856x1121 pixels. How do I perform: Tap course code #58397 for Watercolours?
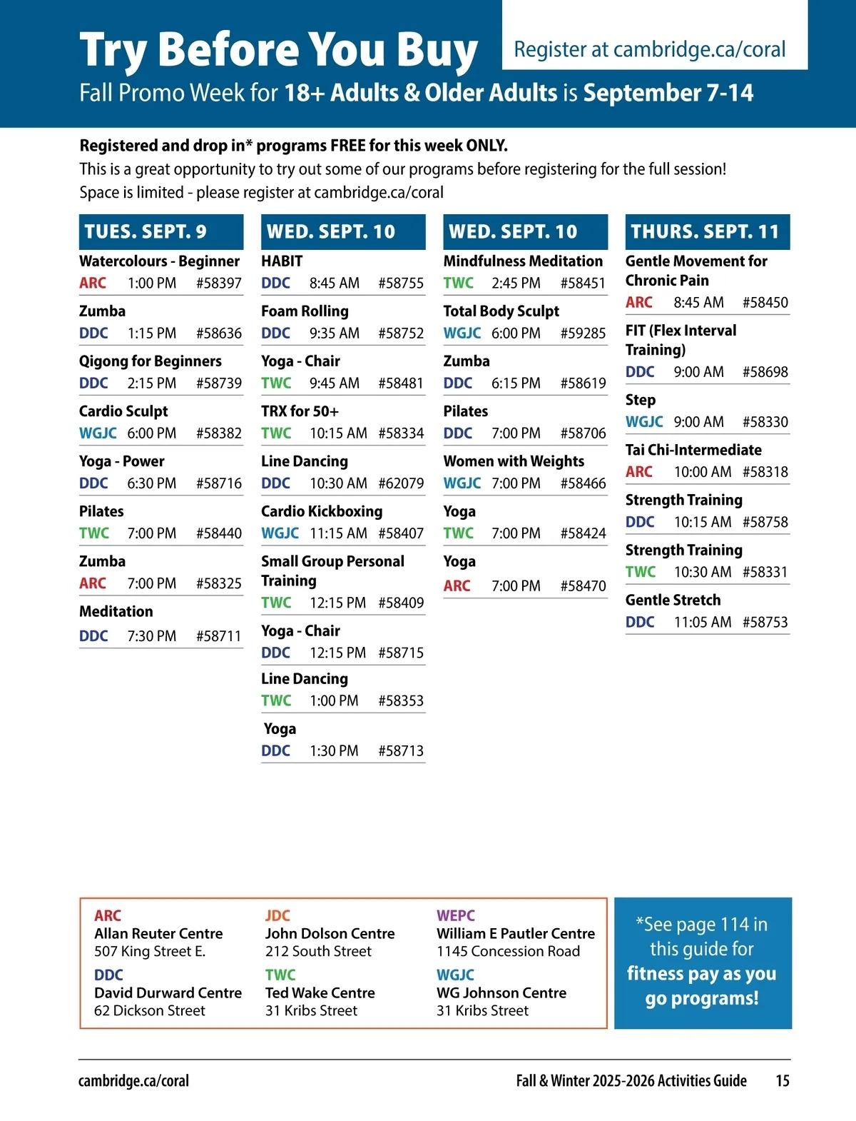tap(218, 283)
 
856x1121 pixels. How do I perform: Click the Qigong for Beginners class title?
tap(150, 361)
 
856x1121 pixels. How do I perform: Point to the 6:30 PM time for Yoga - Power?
tap(151, 483)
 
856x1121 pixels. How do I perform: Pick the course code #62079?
tap(401, 483)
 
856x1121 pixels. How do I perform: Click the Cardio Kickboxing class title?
tap(322, 511)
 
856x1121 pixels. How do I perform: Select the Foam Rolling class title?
tap(305, 311)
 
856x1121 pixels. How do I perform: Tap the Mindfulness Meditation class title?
tap(523, 261)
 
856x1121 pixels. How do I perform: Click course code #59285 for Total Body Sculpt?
tap(583, 333)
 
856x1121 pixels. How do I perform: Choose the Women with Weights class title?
tap(514, 461)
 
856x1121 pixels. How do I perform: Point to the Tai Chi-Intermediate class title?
tap(693, 450)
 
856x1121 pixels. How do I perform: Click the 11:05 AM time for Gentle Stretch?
tap(703, 622)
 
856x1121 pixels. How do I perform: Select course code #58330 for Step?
tap(765, 422)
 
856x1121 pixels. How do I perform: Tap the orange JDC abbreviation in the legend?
tap(277, 915)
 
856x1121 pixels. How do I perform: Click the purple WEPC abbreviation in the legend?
tap(455, 915)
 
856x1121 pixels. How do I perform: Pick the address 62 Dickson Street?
tap(149, 1010)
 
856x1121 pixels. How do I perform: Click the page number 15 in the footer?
tap(782, 1080)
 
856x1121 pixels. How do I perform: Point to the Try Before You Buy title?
tap(278, 50)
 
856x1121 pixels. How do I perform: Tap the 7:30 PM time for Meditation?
tap(151, 636)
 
